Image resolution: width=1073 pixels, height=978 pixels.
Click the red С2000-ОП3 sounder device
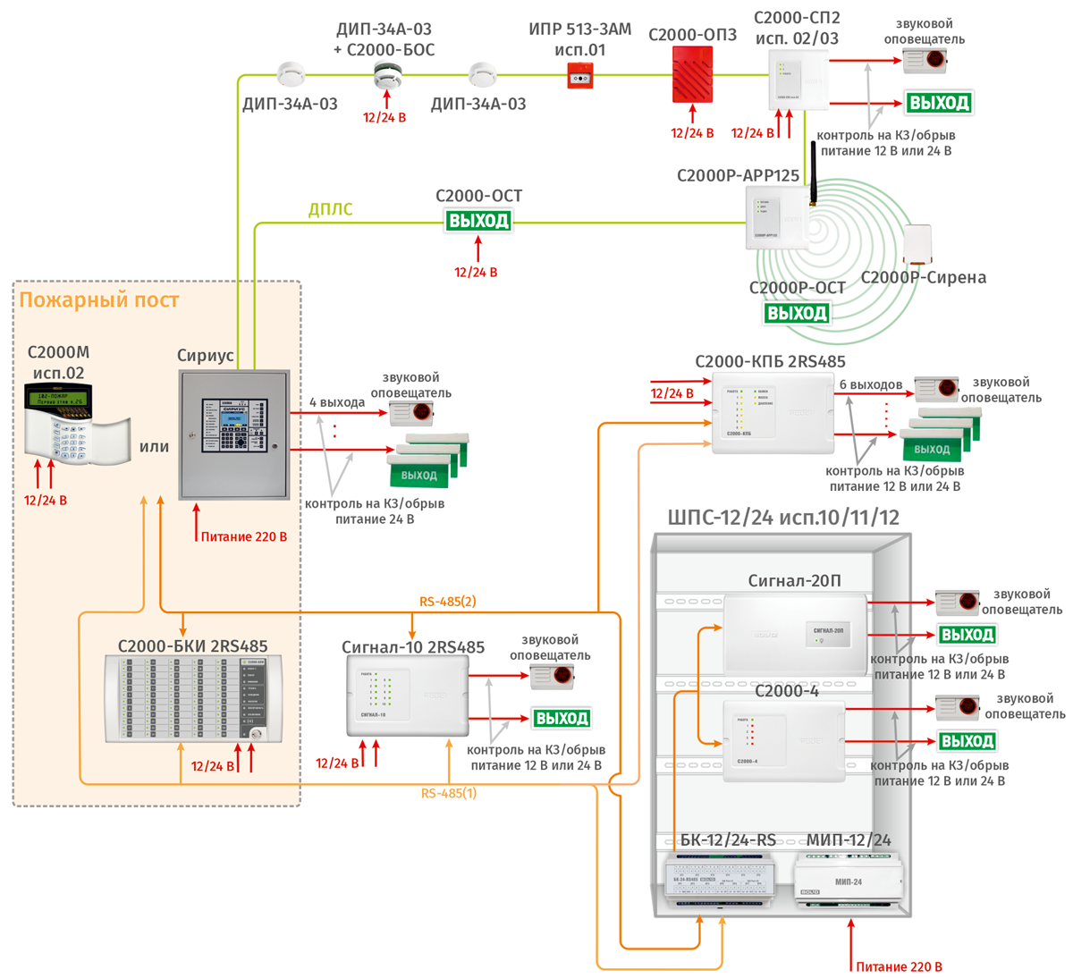(x=692, y=74)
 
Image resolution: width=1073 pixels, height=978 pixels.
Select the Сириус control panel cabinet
(x=234, y=434)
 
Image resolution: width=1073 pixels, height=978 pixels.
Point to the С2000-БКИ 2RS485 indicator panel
(x=193, y=698)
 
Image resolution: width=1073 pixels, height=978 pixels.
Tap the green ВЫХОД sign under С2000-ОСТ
(x=478, y=221)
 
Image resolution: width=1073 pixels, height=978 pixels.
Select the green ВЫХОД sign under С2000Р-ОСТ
(x=797, y=313)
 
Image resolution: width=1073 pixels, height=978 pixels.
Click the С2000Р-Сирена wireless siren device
(x=917, y=244)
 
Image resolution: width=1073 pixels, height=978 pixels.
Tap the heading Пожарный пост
(x=98, y=300)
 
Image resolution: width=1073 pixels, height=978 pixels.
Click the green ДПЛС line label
(x=330, y=209)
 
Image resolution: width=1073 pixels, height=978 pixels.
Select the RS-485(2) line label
(x=447, y=602)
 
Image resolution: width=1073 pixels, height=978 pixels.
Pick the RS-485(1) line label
(x=449, y=793)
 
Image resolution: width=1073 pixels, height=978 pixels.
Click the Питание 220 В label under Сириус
(x=243, y=537)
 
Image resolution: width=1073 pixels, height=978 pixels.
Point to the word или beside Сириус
(x=154, y=447)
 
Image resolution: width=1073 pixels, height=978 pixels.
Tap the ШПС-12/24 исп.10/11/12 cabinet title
(x=783, y=518)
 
